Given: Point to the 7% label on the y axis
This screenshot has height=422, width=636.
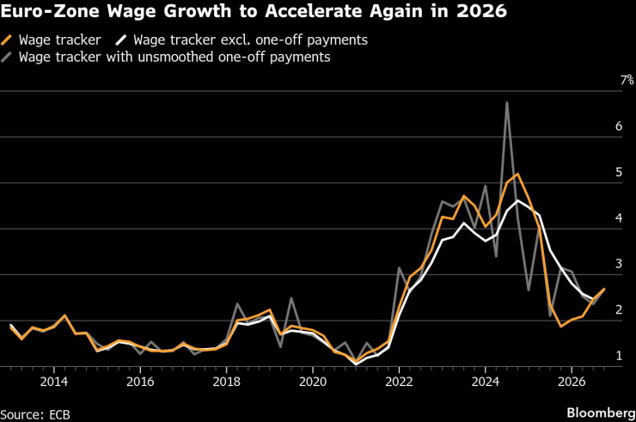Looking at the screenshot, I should [627, 80].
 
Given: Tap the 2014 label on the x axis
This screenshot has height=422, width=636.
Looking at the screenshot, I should [54, 381].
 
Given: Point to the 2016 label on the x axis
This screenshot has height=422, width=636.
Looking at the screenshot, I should [140, 381].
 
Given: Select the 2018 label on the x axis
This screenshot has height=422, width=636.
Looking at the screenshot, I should [227, 381].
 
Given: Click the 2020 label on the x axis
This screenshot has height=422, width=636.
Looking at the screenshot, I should [313, 381].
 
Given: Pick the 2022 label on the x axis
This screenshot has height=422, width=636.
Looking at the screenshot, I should [399, 381].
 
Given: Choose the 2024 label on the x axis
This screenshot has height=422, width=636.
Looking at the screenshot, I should [486, 381].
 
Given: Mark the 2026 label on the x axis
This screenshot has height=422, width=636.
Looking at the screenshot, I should [572, 381].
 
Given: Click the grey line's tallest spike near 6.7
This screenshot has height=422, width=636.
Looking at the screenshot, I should [507, 102].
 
